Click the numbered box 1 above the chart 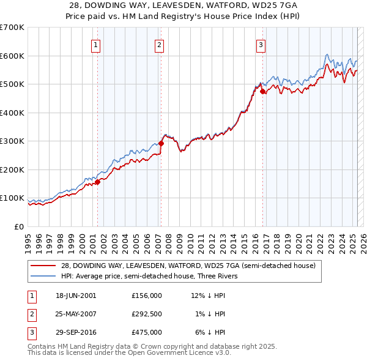pyautogui.click(x=97, y=44)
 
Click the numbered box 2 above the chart pyautogui.click(x=159, y=44)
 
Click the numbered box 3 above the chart pyautogui.click(x=261, y=44)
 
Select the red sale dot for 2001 pyautogui.click(x=97, y=182)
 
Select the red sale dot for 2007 pyautogui.click(x=161, y=143)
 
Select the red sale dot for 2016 pyautogui.click(x=263, y=92)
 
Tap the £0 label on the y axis pyautogui.click(x=18, y=226)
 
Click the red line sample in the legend pyautogui.click(x=42, y=266)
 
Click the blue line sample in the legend pyautogui.click(x=42, y=276)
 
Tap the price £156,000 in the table pyautogui.click(x=147, y=296)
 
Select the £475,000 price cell pyautogui.click(x=147, y=332)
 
